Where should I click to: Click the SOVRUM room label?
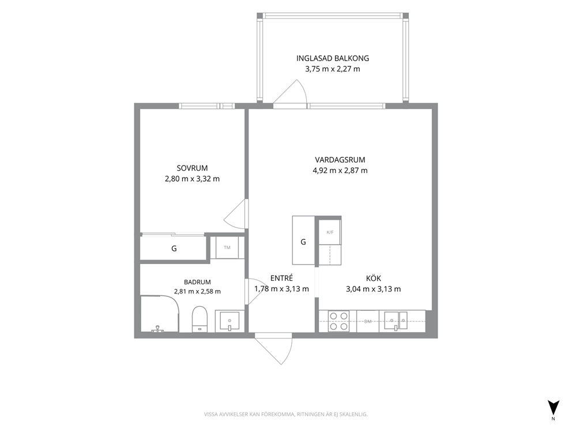coord(192,168)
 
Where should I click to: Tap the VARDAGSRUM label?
coord(340,160)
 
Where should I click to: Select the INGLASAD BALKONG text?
coord(333,58)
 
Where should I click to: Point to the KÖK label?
coord(374,279)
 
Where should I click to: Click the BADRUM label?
coord(197,282)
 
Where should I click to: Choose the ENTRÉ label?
coord(281,278)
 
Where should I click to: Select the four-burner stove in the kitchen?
coord(338,321)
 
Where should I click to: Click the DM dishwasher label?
coord(368,321)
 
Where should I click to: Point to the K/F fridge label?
coord(330,232)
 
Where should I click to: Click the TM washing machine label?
coord(227,247)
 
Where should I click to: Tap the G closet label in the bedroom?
coord(174,249)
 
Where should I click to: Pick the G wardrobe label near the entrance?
coord(303,242)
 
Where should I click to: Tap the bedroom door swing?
coord(238,214)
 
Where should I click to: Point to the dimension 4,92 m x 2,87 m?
coord(340,170)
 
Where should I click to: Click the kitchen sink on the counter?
coord(395,321)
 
